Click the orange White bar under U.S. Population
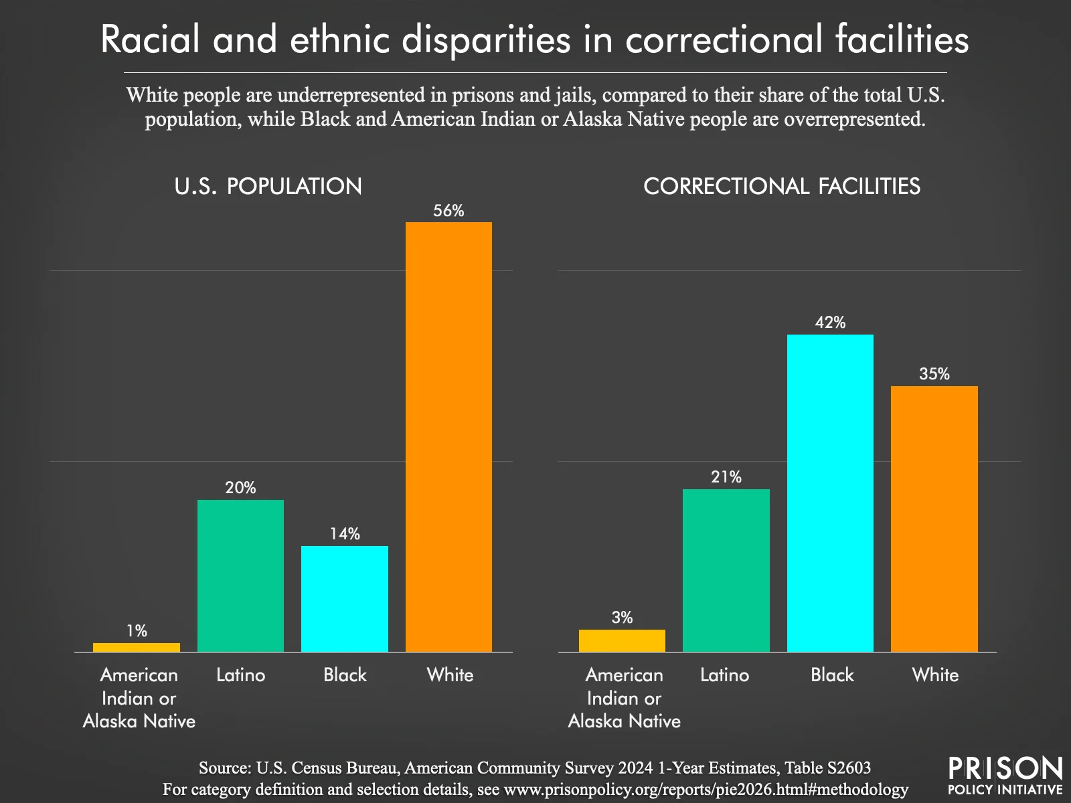tap(448, 437)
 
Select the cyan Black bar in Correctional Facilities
tap(830, 493)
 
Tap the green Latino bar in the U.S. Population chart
tap(240, 575)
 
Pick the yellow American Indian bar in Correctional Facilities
tap(622, 640)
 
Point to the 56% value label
tap(448, 211)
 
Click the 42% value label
tap(830, 323)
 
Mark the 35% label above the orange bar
tap(934, 374)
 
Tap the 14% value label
tap(345, 534)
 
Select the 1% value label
tap(137, 631)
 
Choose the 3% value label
tap(622, 618)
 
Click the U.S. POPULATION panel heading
tap(268, 186)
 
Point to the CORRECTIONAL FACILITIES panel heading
tap(782, 186)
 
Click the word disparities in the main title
tap(486, 40)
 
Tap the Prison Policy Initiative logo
tap(1005, 776)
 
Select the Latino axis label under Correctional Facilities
tap(724, 675)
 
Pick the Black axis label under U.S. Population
tap(345, 675)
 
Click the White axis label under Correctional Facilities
tap(935, 675)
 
